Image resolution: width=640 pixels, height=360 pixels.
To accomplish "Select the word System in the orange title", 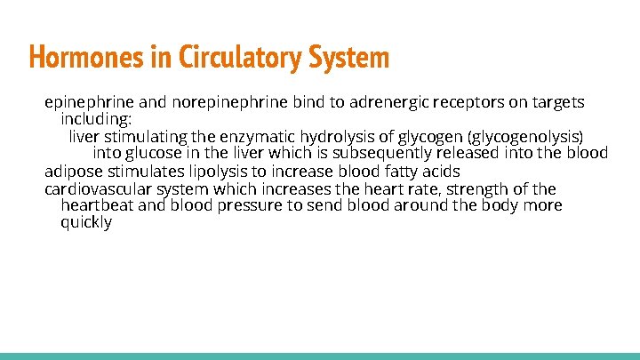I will pos(348,58).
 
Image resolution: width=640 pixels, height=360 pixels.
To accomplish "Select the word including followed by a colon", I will pos(96,119).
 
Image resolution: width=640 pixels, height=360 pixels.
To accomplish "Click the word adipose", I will pos(75,171).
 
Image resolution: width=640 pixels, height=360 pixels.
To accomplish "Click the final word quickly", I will pos(86,222).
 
